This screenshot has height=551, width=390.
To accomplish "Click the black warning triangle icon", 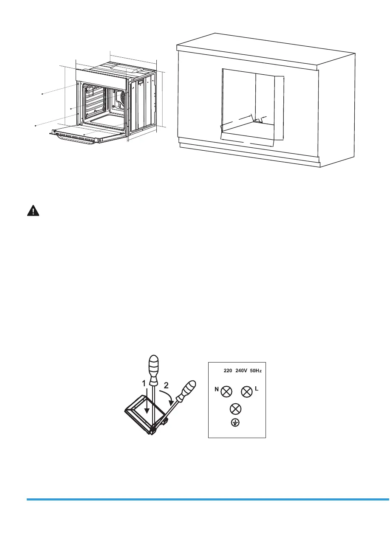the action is point(32,211).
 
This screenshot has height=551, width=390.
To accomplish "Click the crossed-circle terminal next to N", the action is point(227,391).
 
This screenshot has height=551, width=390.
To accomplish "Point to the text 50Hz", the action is point(255,371).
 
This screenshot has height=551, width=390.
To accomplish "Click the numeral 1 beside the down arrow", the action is point(144,384).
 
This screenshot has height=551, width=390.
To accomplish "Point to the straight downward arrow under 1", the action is point(147,408).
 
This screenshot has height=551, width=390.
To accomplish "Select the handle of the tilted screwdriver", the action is point(187,390).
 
